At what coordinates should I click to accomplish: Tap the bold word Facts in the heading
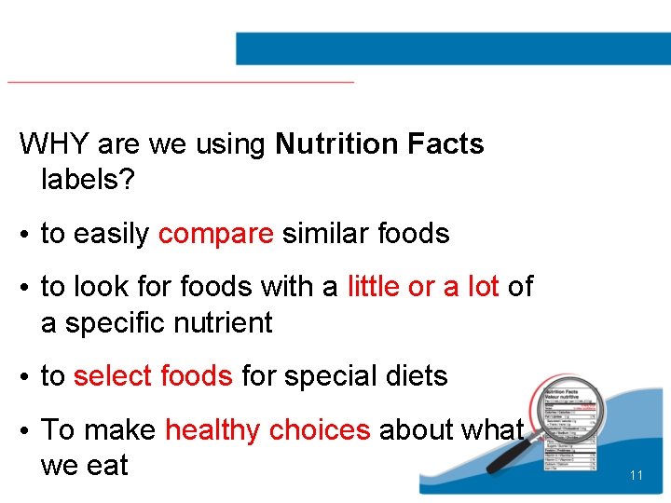445,144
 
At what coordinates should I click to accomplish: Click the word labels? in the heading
89,180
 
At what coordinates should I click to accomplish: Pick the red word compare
216,234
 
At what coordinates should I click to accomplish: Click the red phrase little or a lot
423,287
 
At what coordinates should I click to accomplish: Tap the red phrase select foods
152,376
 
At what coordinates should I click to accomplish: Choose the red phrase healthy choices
267,430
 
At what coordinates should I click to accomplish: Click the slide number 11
637,476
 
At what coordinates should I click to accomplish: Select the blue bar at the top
453,48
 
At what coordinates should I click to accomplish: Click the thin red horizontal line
181,82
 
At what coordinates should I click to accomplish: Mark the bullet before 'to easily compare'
24,235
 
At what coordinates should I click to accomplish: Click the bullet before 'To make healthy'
24,431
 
